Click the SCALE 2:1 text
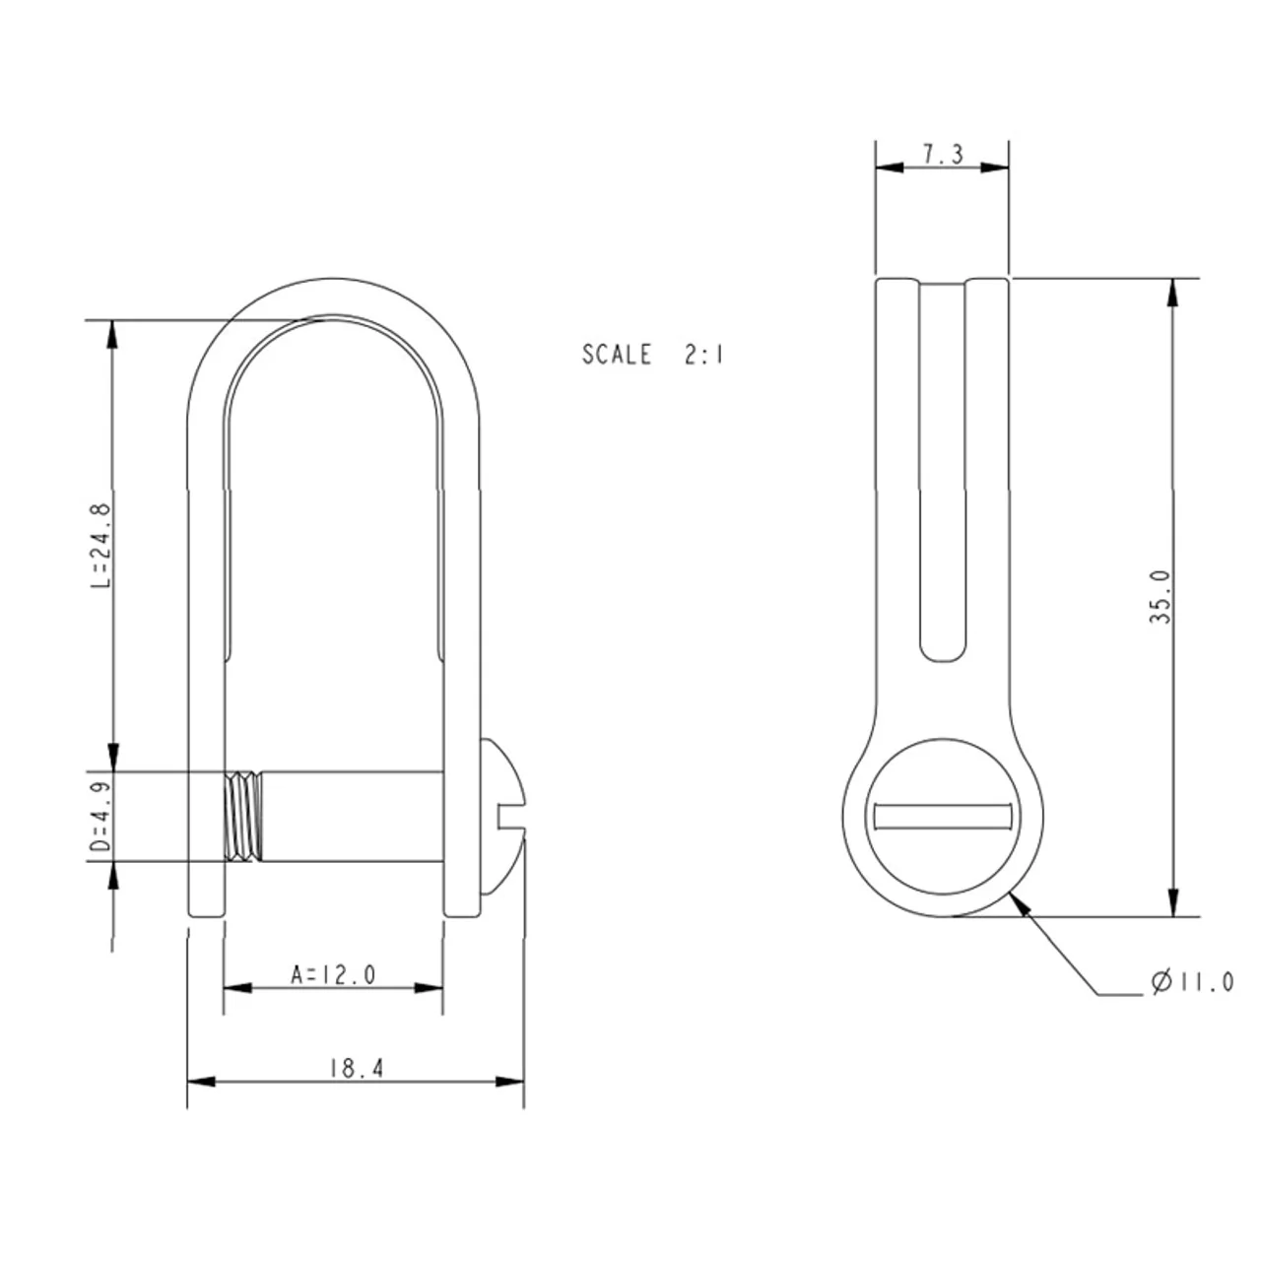tap(652, 354)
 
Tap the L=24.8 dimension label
tap(101, 546)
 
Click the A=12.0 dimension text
tap(333, 975)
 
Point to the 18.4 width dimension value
tap(356, 1069)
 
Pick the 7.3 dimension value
tap(943, 155)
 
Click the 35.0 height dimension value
tap(1161, 597)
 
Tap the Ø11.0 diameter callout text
tap(1192, 982)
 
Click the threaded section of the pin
tap(243, 816)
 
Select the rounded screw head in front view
tap(502, 816)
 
